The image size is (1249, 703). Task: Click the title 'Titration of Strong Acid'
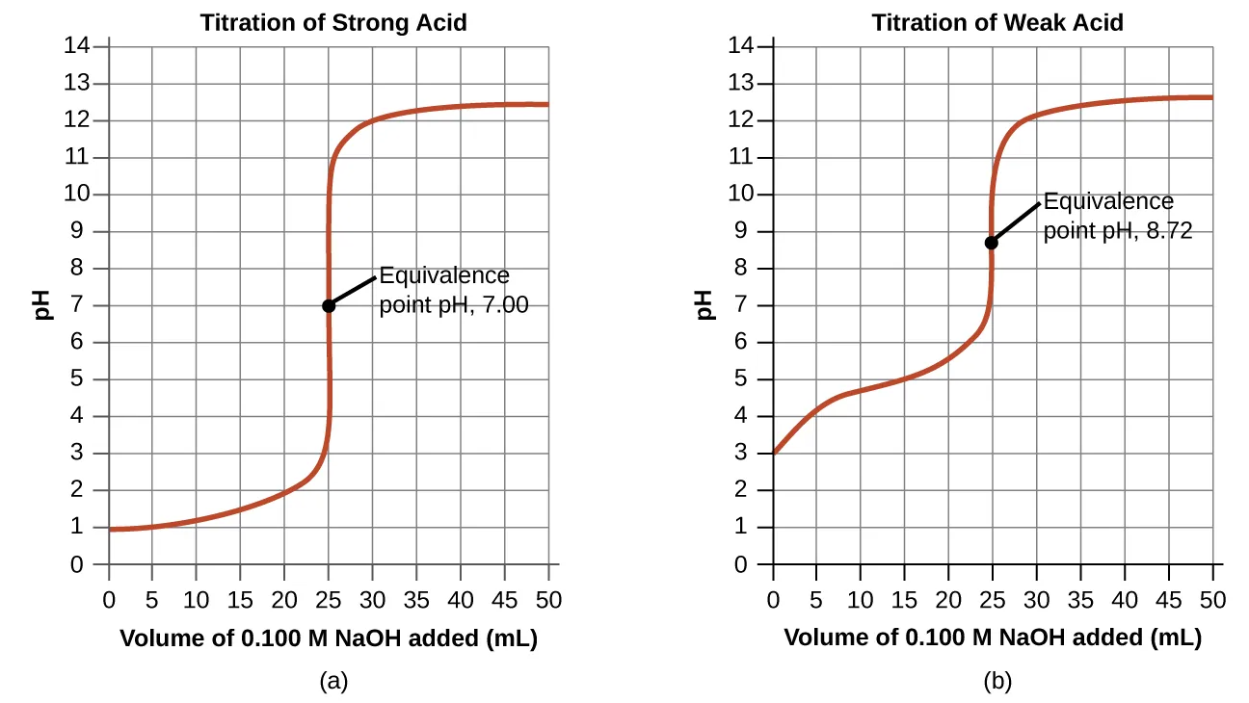tap(333, 22)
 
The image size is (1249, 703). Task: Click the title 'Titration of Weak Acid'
tap(997, 22)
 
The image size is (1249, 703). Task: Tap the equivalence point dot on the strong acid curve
tap(329, 305)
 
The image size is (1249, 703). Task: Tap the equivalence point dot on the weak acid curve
tap(991, 242)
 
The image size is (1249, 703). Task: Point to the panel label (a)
tap(333, 681)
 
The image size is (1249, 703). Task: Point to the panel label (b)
tap(997, 681)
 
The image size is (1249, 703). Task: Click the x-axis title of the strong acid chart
tap(328, 638)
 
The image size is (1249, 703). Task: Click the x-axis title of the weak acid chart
tap(992, 638)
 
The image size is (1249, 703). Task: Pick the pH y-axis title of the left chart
tap(40, 305)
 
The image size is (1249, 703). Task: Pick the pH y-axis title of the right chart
tap(704, 305)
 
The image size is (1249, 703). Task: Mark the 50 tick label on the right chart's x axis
tap(1211, 600)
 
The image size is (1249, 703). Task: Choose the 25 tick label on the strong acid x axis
tap(329, 600)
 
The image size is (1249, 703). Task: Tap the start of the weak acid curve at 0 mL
tap(774, 452)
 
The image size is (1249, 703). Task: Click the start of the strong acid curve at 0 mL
tap(110, 529)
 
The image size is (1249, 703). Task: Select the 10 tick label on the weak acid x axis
tap(860, 600)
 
